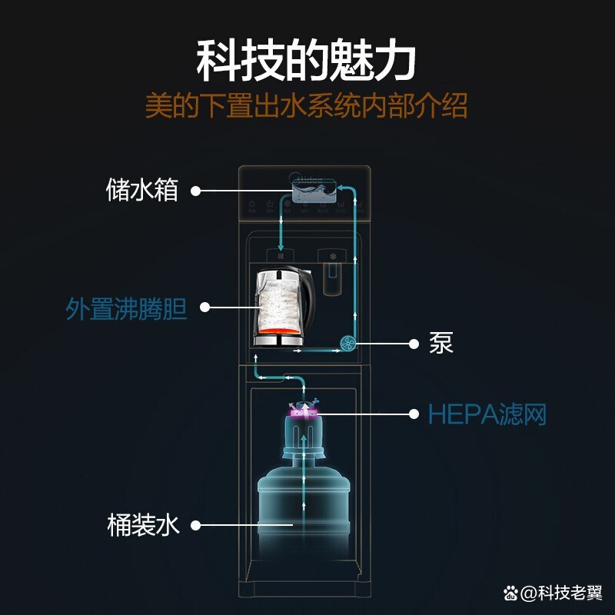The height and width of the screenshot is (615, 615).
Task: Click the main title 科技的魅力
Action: click(307, 61)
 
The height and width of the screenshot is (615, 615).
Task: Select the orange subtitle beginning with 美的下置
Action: click(307, 106)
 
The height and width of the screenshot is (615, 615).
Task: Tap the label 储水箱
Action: click(142, 190)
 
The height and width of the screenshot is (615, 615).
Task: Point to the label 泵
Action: click(441, 343)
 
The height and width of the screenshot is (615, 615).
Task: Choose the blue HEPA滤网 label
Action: click(487, 414)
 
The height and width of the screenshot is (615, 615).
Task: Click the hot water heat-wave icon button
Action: click(281, 255)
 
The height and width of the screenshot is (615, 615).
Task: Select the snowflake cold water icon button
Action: click(333, 256)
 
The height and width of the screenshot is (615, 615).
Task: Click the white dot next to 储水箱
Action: click(195, 190)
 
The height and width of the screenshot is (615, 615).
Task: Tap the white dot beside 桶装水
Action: click(195, 526)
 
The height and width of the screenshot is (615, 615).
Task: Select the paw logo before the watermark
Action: click(510, 593)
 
